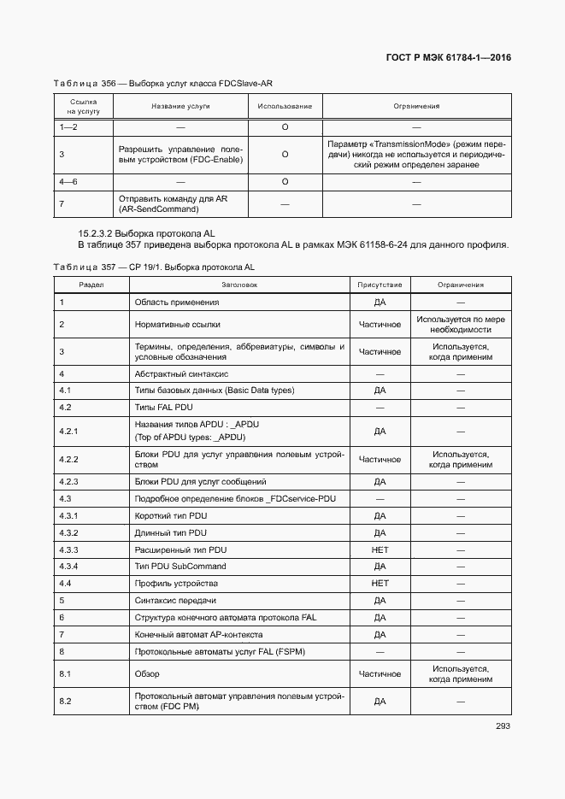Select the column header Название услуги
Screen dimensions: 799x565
[x=180, y=107]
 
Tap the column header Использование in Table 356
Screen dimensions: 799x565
[x=285, y=107]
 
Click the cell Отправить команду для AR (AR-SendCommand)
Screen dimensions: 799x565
[x=180, y=203]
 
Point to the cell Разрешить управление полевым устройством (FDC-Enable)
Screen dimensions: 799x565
[x=180, y=154]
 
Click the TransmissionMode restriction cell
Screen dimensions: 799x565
[x=416, y=154]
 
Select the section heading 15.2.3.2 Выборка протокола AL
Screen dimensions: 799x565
[x=147, y=232]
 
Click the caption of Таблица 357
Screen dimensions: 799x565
[x=154, y=267]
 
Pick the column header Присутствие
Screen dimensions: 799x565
[x=380, y=285]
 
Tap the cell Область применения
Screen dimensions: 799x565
[x=177, y=302]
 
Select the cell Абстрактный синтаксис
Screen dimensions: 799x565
[x=181, y=374]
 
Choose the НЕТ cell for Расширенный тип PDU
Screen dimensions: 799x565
[x=380, y=549]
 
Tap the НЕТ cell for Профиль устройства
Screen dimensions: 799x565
[x=380, y=583]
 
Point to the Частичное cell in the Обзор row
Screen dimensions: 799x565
[x=380, y=674]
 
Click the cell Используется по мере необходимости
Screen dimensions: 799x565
[x=461, y=325]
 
